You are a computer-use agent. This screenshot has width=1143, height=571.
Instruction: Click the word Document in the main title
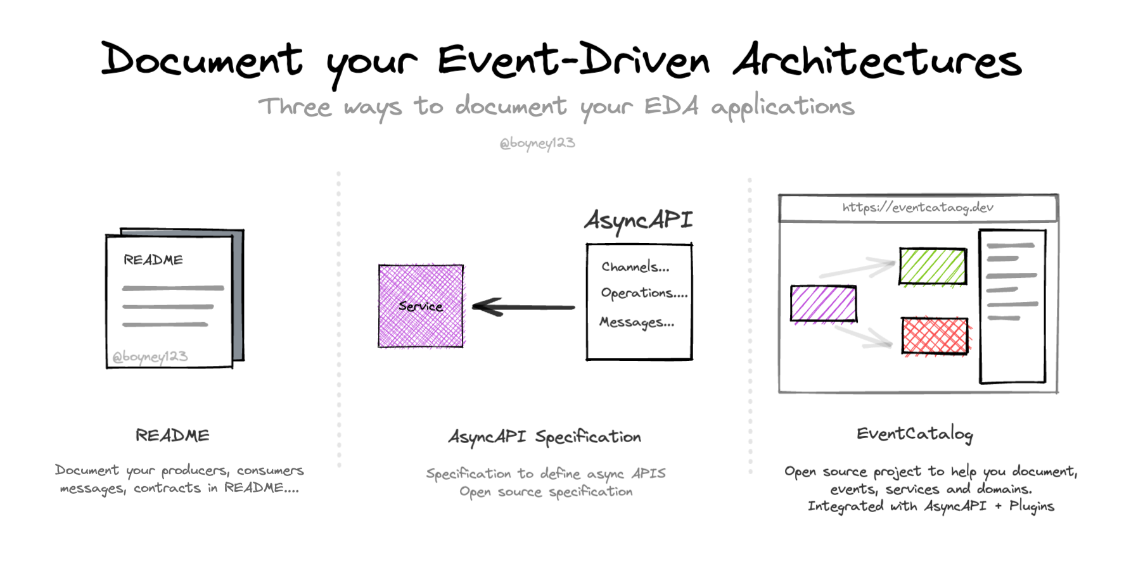[x=201, y=60]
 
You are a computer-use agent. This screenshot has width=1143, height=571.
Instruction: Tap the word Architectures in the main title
[x=877, y=61]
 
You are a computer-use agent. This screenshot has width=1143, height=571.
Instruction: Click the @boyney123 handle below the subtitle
[x=537, y=143]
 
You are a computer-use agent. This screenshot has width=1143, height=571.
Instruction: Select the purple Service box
[x=421, y=306]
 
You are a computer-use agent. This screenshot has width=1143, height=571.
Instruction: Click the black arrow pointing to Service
[x=523, y=308]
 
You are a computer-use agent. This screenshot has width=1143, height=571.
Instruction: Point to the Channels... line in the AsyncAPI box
[x=635, y=267]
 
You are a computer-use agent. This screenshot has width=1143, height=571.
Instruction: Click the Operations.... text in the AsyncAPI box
[x=644, y=294]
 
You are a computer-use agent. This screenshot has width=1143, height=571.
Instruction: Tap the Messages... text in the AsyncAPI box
[x=637, y=322]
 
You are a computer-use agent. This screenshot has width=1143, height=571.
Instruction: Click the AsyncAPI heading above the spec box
[x=638, y=220]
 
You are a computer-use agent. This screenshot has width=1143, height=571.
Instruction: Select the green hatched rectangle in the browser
[x=933, y=267]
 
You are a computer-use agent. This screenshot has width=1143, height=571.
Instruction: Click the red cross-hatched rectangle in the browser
[x=935, y=336]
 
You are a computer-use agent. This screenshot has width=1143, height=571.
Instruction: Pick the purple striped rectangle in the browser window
[x=824, y=304]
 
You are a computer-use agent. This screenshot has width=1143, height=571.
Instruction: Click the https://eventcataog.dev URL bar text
[x=917, y=208]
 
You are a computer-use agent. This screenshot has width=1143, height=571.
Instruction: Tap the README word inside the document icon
[x=153, y=260]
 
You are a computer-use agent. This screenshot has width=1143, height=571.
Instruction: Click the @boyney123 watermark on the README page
[x=150, y=356]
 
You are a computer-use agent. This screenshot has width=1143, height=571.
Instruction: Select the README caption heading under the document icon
[x=172, y=436]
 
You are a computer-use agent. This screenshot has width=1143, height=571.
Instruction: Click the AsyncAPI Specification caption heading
[x=545, y=437]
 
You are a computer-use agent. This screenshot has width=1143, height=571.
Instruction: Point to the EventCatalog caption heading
[x=914, y=434]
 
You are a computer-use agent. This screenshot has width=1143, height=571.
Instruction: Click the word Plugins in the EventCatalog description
[x=1031, y=506]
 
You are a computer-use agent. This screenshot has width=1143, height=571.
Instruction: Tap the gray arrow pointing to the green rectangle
[x=859, y=268]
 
